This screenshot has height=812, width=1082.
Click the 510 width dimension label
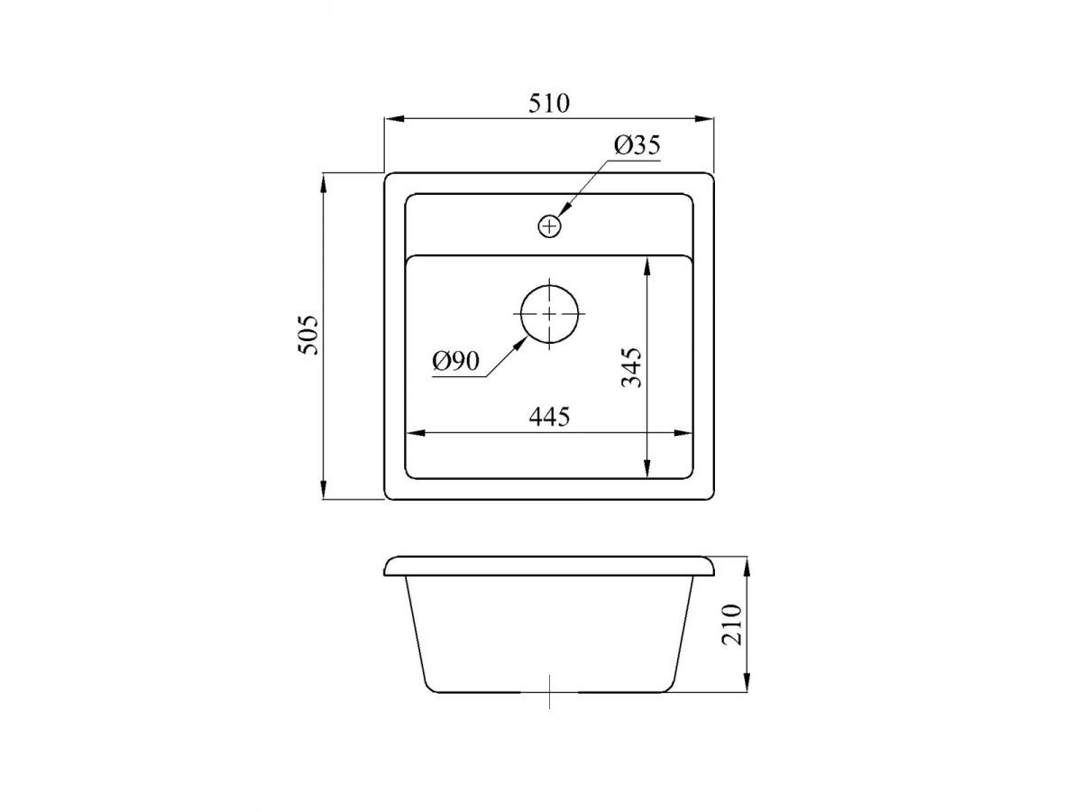click(548, 103)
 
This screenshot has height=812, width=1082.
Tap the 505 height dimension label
click(308, 335)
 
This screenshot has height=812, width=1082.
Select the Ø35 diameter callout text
click(637, 145)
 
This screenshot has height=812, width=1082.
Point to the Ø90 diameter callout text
click(455, 361)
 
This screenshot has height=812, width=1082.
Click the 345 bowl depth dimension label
click(631, 367)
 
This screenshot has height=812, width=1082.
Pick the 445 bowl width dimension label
click(549, 417)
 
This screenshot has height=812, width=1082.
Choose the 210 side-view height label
click(731, 624)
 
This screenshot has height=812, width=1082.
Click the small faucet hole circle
click(549, 226)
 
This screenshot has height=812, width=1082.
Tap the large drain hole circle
click(549, 314)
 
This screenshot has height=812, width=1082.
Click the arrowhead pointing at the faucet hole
click(565, 209)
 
